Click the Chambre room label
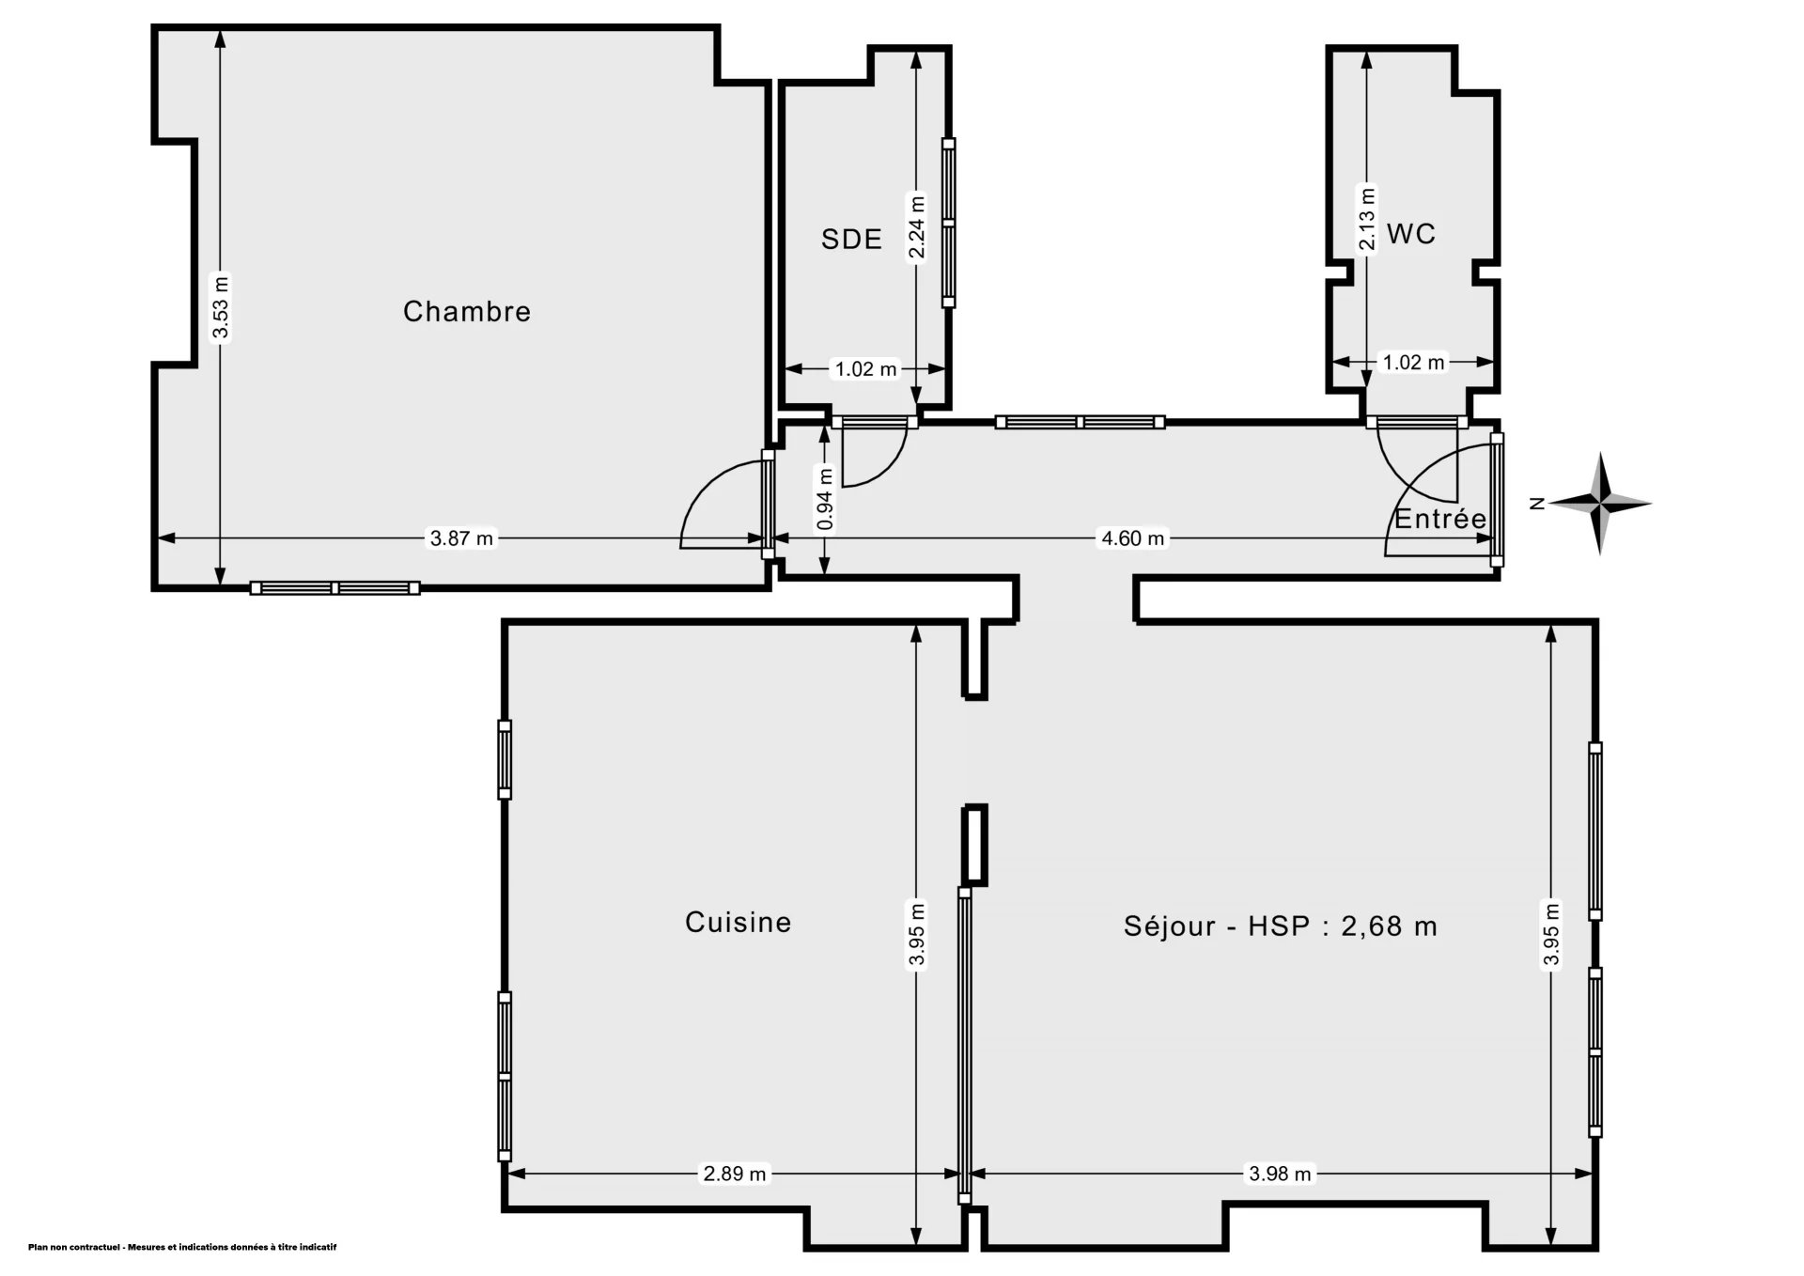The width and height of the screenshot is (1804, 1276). tap(467, 312)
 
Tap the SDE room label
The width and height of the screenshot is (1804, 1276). tap(852, 240)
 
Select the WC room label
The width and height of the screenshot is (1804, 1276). tap(1411, 234)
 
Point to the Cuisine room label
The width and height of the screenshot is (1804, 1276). tap(739, 923)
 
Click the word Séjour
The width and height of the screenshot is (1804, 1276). tap(1170, 926)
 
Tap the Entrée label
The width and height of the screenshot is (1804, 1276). tap(1440, 519)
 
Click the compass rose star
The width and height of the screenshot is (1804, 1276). tap(1601, 504)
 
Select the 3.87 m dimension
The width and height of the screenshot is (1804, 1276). tap(461, 538)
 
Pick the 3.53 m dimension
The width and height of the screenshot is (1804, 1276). tap(221, 307)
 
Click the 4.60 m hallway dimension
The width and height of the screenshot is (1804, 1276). tap(1132, 538)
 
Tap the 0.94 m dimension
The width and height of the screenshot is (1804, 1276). tap(825, 499)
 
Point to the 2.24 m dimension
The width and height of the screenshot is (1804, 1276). tap(917, 226)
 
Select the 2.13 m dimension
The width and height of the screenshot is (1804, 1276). tap(1367, 219)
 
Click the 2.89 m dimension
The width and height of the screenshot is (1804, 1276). tap(736, 1174)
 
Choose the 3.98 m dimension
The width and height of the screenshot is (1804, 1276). tap(1280, 1174)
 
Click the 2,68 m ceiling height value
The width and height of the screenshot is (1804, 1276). tap(1389, 926)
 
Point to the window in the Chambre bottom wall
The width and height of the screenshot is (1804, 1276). tap(335, 588)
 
